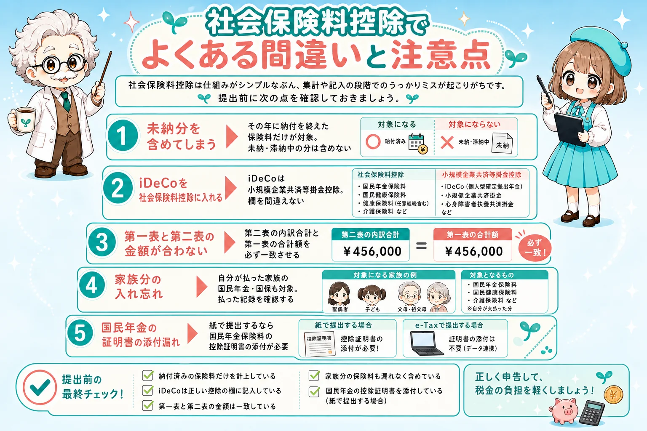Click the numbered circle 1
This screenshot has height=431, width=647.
coord(123,136)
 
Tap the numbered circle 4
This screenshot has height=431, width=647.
coord(91,286)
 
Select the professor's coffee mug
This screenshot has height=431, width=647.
coord(23,120)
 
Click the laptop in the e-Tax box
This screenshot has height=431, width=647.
coord(425,343)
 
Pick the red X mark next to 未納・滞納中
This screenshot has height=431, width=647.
coord(447,142)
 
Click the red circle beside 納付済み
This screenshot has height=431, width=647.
coord(373,141)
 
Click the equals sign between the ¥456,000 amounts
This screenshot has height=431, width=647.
coord(421,246)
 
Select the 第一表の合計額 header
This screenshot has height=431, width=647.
coord(473,234)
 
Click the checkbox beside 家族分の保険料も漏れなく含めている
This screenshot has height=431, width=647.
coord(314,375)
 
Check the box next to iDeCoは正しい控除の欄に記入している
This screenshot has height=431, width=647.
coord(147,390)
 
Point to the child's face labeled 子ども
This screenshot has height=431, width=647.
coord(372,295)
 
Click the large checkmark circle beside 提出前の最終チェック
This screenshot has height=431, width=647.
coord(40,387)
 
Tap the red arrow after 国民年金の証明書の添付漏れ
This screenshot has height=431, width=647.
coord(192,333)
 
